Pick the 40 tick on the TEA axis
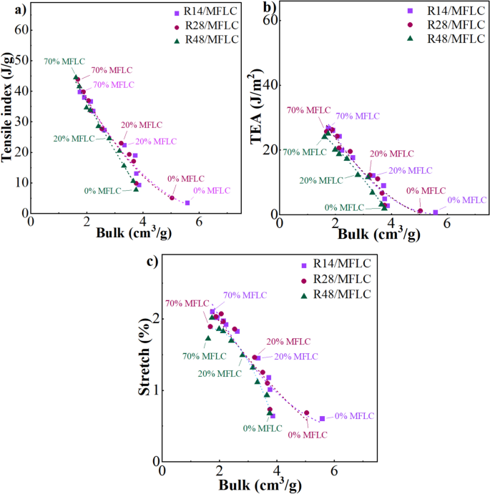coord(268,85)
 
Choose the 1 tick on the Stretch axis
coord(155,390)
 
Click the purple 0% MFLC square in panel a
coord(187,203)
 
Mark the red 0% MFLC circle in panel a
coord(172,198)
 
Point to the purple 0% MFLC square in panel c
coord(322,419)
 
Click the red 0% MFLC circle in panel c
coord(306,413)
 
